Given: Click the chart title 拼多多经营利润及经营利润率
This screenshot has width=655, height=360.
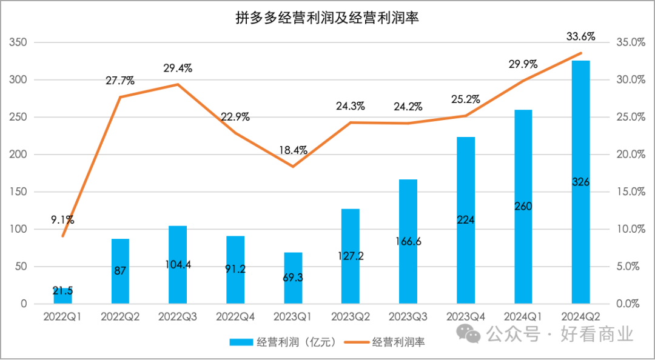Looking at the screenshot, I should point(327,18).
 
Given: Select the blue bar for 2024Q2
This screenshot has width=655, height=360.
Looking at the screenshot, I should point(580,182).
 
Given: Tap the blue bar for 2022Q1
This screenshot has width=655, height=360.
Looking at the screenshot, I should point(62,296).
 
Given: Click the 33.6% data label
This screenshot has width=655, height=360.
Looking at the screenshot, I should point(580,36).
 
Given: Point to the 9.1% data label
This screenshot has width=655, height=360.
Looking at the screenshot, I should point(62,220).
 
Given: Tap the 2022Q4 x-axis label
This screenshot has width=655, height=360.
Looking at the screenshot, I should point(235,316).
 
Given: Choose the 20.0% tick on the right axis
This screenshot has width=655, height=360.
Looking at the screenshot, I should point(631,155).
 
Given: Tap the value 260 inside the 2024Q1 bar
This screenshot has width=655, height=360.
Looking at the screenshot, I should point(523,207).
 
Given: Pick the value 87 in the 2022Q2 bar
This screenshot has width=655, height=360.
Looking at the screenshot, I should point(120,271).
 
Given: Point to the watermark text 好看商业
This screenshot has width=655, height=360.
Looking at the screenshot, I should point(597,333).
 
